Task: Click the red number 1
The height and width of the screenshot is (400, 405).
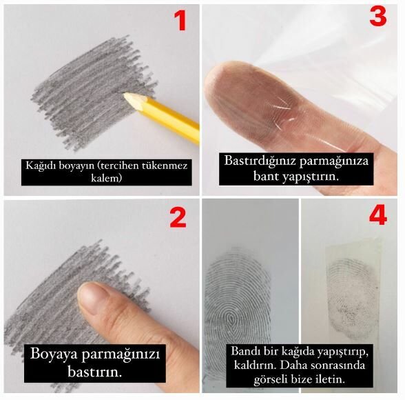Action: pyautogui.click(x=180, y=21)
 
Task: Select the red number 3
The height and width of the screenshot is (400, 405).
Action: pyautogui.click(x=377, y=17)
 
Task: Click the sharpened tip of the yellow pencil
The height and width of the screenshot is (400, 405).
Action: pyautogui.click(x=127, y=97)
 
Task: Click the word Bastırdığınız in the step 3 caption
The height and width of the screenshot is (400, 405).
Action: pyautogui.click(x=259, y=160)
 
